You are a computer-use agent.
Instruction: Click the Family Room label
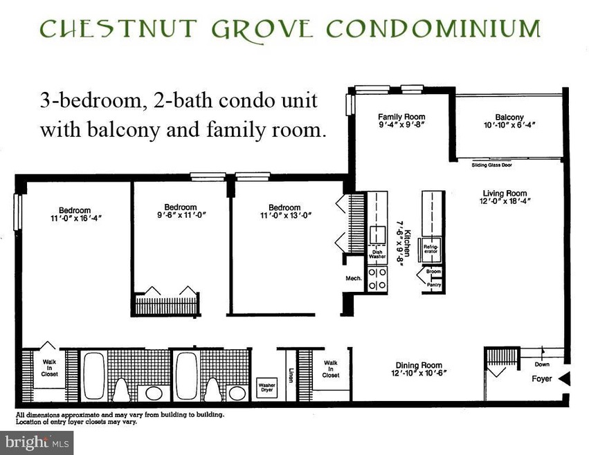[x=401, y=117]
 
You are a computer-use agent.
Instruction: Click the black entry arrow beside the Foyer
[x=564, y=378]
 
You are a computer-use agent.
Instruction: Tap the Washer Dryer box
[x=266, y=387]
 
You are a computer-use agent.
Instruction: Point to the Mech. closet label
[x=354, y=278]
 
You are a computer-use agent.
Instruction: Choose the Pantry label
[x=434, y=285]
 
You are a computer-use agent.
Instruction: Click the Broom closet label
[x=434, y=272]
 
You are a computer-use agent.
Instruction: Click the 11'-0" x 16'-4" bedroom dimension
[x=74, y=219]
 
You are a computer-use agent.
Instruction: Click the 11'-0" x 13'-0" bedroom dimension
[x=284, y=216]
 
